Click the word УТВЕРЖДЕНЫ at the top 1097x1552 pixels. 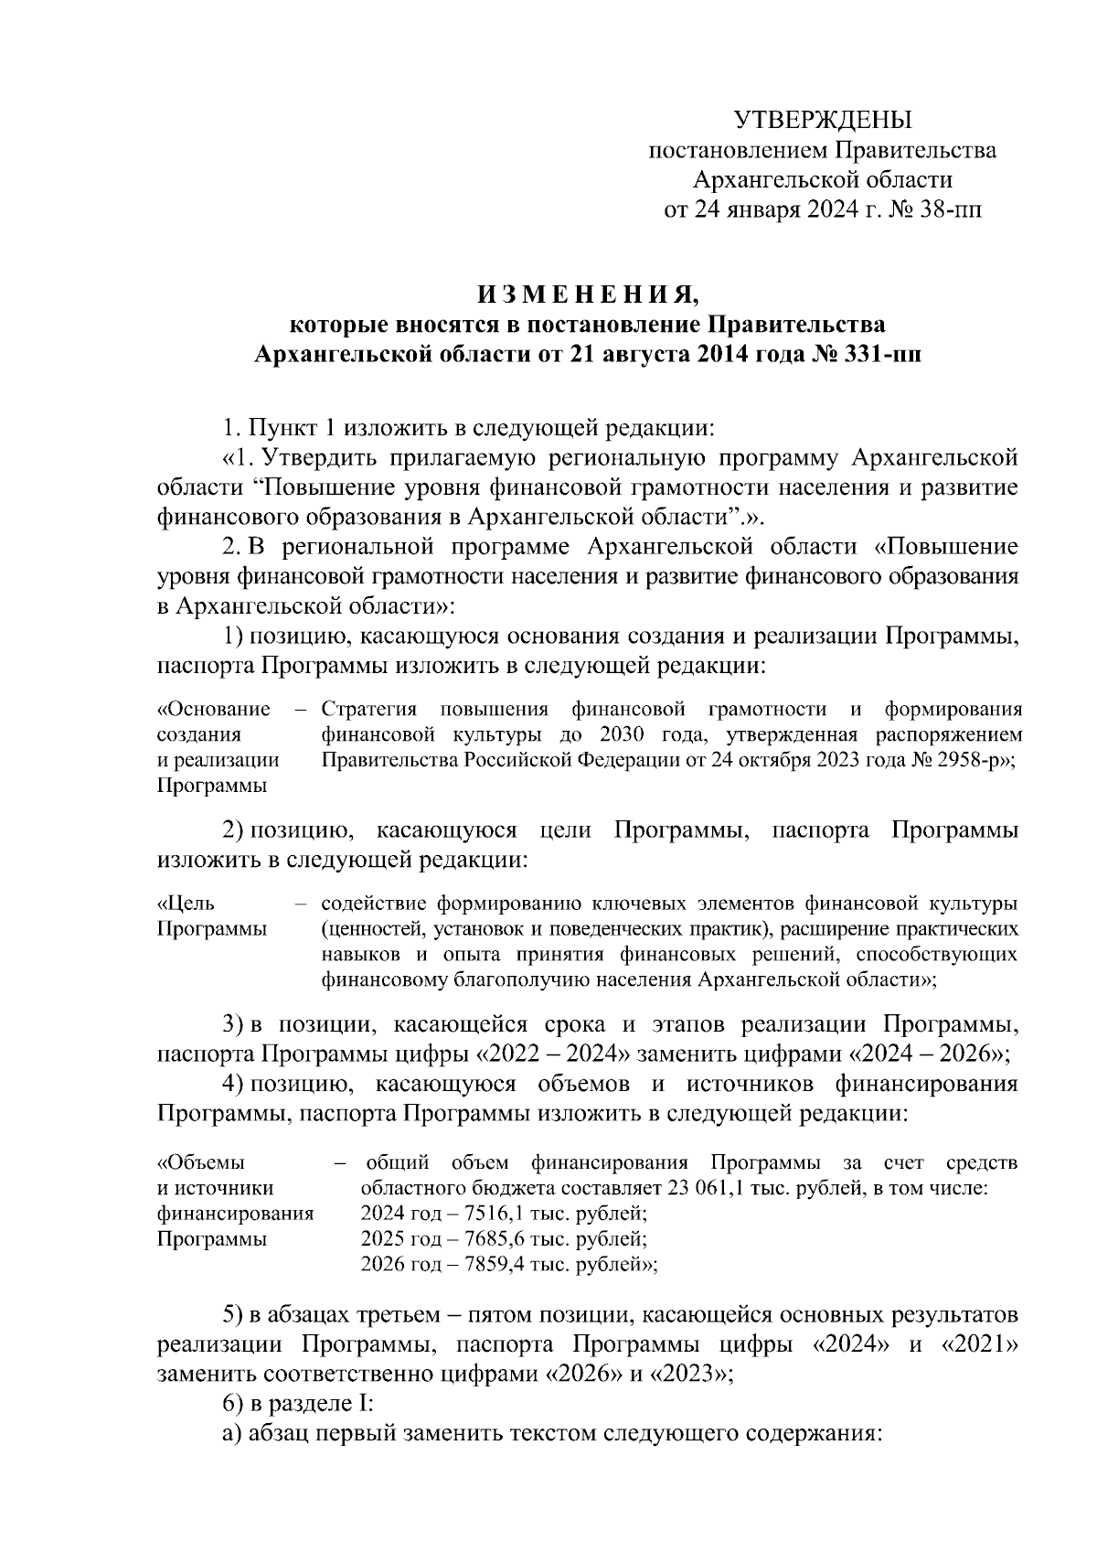click(823, 120)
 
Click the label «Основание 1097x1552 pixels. click(214, 710)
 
